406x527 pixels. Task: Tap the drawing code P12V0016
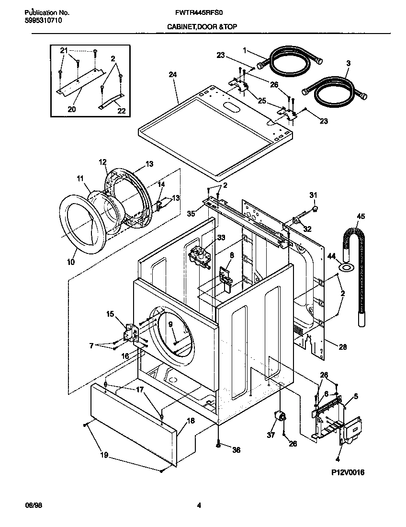click(348, 472)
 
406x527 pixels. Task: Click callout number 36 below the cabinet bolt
click(236, 450)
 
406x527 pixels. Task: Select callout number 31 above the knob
click(313, 195)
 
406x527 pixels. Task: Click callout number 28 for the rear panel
click(343, 346)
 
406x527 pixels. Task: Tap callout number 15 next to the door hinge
click(110, 314)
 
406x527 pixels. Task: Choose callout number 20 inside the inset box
click(71, 109)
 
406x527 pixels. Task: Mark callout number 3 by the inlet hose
click(349, 63)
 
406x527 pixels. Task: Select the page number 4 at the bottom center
click(199, 504)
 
